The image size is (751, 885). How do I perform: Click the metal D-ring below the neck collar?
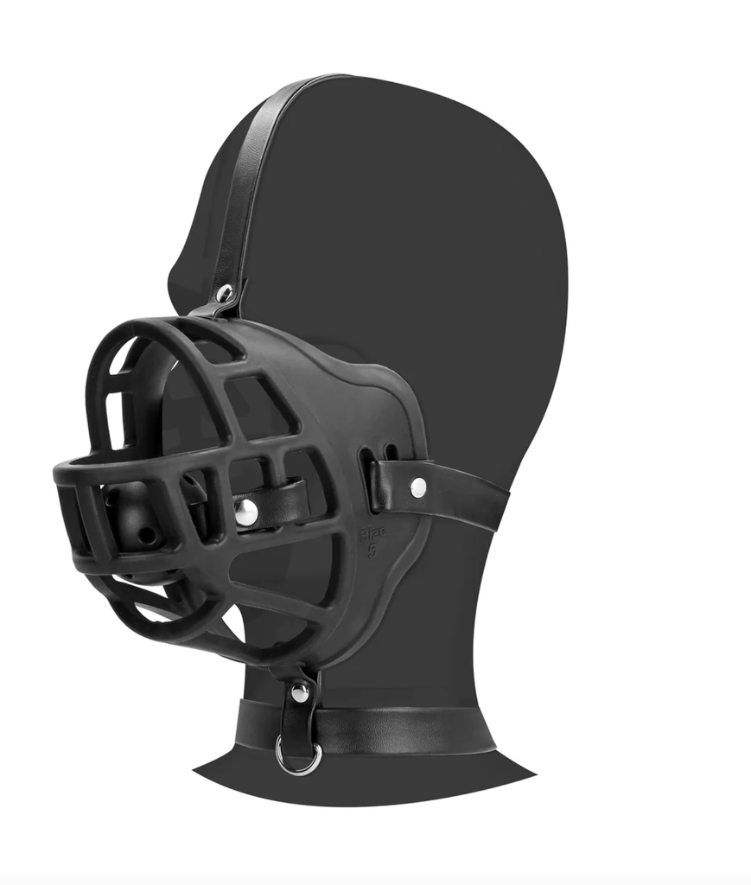298,756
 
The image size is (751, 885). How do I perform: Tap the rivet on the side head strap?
418,487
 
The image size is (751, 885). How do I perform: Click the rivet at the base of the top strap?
225,294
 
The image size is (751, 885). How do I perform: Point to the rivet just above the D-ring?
300,691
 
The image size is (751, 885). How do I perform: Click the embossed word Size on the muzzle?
372,534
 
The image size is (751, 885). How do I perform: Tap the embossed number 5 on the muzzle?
372,551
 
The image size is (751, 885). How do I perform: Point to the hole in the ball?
142,536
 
